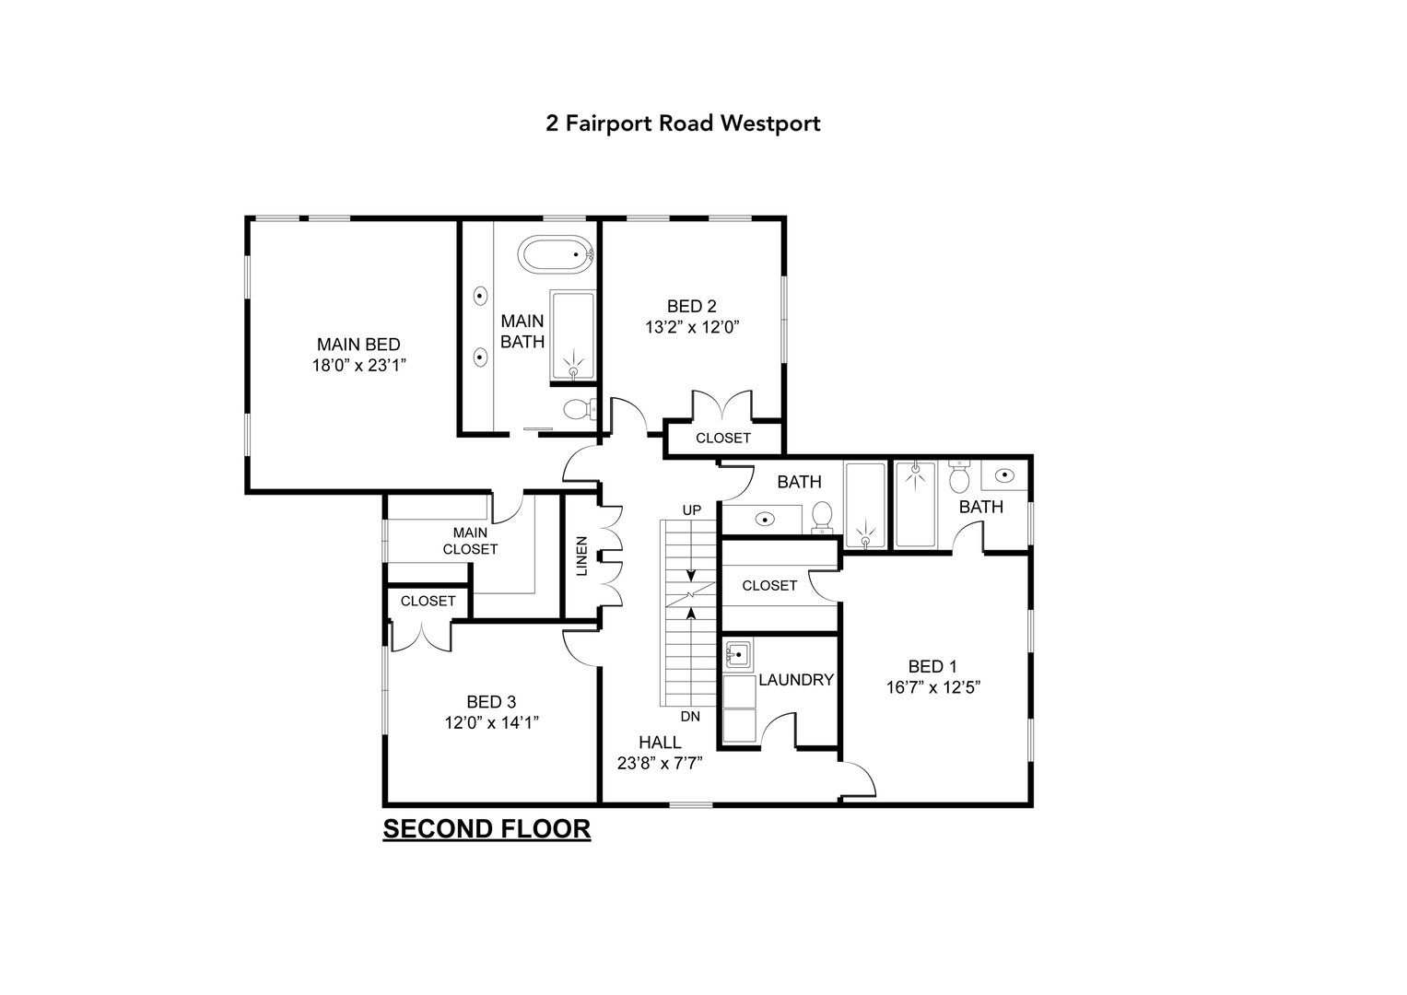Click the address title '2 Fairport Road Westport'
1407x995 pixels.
(x=683, y=123)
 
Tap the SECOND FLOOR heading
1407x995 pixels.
(x=487, y=829)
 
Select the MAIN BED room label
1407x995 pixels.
(x=358, y=345)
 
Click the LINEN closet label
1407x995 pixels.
(x=581, y=556)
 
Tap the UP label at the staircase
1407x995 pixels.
(x=691, y=509)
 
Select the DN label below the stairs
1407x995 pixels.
(x=691, y=716)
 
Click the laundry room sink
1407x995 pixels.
(x=737, y=655)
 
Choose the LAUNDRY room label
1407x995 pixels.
(x=796, y=680)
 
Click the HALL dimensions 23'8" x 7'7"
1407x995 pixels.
(x=660, y=762)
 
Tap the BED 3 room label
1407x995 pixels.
(x=490, y=702)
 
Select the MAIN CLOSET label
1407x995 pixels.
(x=470, y=541)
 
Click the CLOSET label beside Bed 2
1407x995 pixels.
(x=722, y=439)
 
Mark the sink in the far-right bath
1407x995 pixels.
(x=1005, y=475)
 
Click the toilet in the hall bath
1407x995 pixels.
(x=822, y=517)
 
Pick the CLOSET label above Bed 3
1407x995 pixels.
(x=428, y=601)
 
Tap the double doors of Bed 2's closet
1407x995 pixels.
(x=722, y=406)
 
